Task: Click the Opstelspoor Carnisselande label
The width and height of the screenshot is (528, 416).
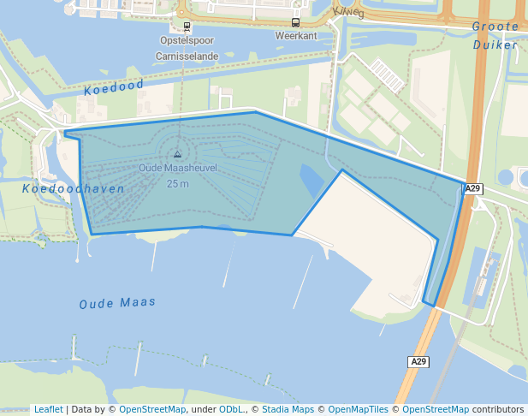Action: pos(187,48)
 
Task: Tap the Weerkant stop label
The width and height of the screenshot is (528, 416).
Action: pos(295,36)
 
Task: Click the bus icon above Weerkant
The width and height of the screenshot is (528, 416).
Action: pos(295,22)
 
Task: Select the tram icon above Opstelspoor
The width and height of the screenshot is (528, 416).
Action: pos(187,26)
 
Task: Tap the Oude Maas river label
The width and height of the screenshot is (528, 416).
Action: pos(117,303)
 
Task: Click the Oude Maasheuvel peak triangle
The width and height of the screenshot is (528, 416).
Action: pos(177,155)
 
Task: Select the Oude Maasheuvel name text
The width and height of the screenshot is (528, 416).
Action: pos(178,168)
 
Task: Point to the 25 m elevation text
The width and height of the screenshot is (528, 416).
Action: pos(178,183)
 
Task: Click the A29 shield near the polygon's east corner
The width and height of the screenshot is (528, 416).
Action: pos(473,188)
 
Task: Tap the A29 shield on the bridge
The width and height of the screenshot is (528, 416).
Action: pos(418,362)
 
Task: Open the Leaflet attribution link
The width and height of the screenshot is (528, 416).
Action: pos(48,409)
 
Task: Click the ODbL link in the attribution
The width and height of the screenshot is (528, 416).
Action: pos(231,409)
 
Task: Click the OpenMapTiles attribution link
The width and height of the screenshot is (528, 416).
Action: pos(358,409)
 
